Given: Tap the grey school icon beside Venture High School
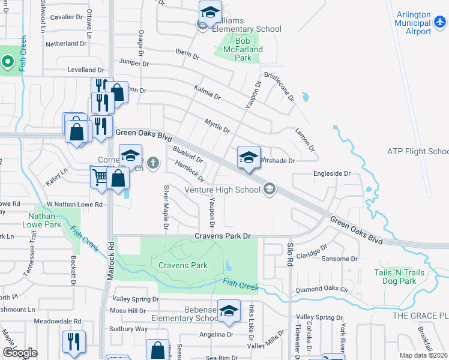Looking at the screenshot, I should (269, 190).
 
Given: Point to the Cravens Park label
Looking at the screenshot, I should (182, 265).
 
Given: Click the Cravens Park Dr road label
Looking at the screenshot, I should (222, 236).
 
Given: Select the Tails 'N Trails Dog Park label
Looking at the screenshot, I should (399, 277).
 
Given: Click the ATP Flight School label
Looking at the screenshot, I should (418, 151).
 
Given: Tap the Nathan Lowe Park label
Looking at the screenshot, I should (44, 220).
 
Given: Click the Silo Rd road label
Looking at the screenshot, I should (289, 254).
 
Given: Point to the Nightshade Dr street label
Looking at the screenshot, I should (276, 161).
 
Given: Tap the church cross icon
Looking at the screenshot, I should (154, 162).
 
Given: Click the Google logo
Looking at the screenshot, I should (20, 353).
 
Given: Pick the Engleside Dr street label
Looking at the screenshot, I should (331, 173).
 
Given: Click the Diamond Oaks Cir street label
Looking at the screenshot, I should (322, 289).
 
